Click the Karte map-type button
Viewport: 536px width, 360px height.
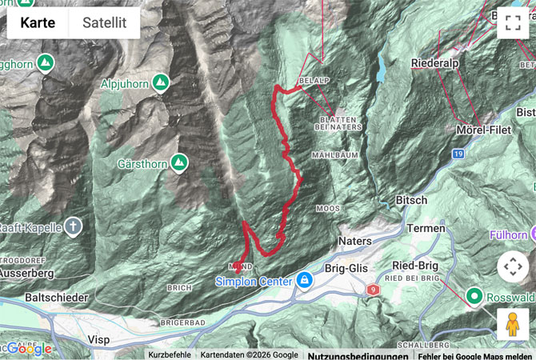pyautogui.click(x=38, y=22)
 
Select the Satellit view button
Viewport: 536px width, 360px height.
pyautogui.click(x=104, y=22)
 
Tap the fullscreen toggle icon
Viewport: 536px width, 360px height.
pyautogui.click(x=512, y=23)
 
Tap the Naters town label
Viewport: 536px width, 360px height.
pyautogui.click(x=355, y=241)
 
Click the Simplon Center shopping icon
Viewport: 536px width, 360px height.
pyautogui.click(x=304, y=280)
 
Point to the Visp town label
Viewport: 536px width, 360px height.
pyautogui.click(x=98, y=339)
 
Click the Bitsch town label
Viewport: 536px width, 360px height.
pyautogui.click(x=411, y=200)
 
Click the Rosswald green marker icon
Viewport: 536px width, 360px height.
pyautogui.click(x=474, y=297)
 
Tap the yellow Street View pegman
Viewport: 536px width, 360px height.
pyautogui.click(x=512, y=323)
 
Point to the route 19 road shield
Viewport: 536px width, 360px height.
pyautogui.click(x=458, y=153)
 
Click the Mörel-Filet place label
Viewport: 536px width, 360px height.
pyautogui.click(x=484, y=129)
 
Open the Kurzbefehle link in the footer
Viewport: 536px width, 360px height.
pyautogui.click(x=169, y=354)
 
